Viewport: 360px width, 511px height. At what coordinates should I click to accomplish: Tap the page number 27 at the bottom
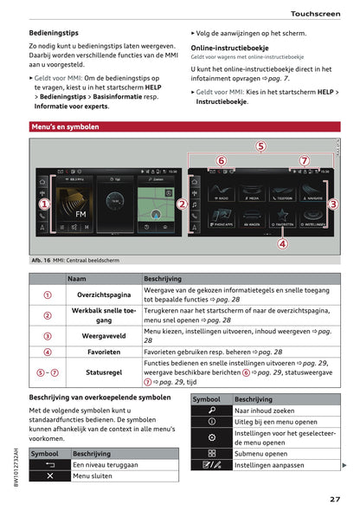(x=333, y=498)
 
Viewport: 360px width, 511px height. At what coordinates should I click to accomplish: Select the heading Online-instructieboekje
(x=229, y=49)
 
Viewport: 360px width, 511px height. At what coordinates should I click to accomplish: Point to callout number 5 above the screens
(x=260, y=146)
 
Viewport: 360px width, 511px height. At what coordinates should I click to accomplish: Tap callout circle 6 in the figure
(x=221, y=160)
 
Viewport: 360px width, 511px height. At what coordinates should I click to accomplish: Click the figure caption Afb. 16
(x=42, y=260)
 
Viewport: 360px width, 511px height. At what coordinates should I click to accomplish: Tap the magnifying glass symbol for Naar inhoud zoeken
(x=211, y=411)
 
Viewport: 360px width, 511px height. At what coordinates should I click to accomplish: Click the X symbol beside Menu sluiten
(x=49, y=475)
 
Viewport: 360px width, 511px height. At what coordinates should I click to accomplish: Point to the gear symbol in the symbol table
(x=211, y=437)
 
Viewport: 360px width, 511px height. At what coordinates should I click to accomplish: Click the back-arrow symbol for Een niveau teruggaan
(x=49, y=464)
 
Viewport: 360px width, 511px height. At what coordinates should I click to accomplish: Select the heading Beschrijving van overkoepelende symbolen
(x=100, y=397)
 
